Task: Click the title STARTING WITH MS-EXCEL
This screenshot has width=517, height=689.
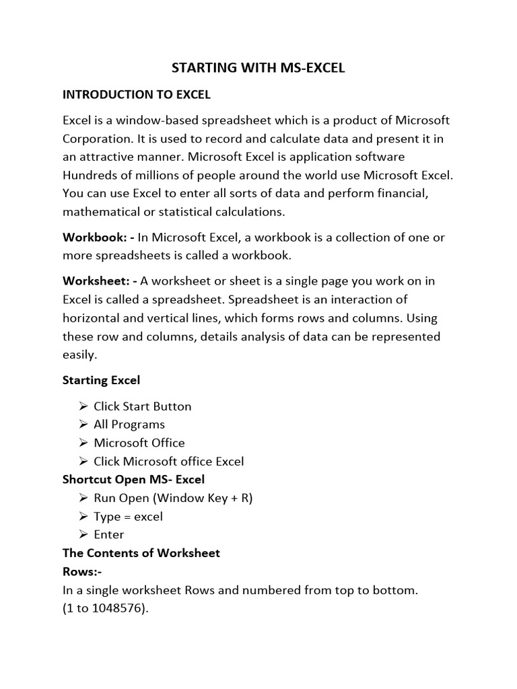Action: (x=258, y=69)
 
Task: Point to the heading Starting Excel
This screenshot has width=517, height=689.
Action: (x=101, y=380)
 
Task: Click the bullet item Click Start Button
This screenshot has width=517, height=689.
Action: (x=142, y=406)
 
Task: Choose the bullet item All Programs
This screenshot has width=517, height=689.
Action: (x=129, y=425)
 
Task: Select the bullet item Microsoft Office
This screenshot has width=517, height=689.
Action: (x=139, y=443)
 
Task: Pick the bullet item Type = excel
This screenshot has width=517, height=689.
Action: (x=128, y=517)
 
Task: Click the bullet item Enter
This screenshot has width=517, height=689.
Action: (x=109, y=535)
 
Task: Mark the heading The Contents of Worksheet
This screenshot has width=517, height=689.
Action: (x=141, y=553)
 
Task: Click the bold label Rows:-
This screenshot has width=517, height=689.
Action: (x=81, y=572)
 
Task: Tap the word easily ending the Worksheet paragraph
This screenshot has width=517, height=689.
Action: (x=79, y=355)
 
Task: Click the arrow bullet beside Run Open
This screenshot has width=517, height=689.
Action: (x=83, y=499)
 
